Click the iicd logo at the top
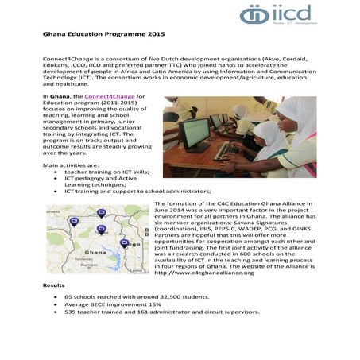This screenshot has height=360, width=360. coord(277,14)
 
